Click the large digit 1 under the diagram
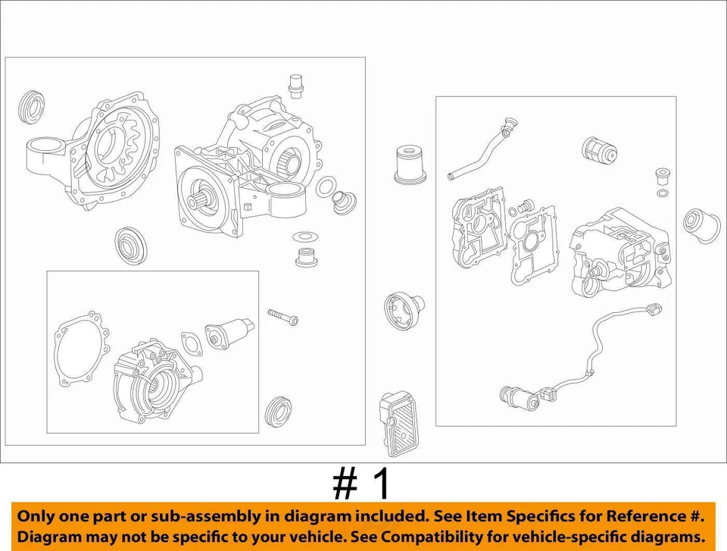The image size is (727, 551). click(380, 484)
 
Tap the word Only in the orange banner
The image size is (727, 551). click(38, 517)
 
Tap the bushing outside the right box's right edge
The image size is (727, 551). click(700, 224)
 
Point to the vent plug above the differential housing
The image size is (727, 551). click(296, 86)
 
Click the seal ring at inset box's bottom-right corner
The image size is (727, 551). click(278, 410)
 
